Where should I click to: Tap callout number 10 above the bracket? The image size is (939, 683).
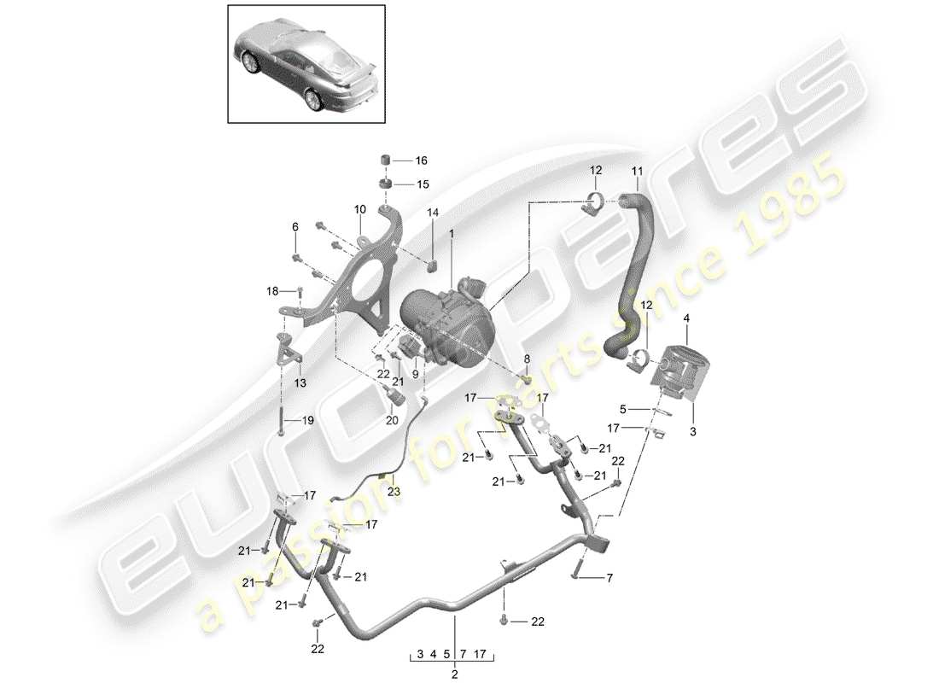(359, 208)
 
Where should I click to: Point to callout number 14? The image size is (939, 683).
(433, 235)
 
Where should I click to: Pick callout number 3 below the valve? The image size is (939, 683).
(692, 433)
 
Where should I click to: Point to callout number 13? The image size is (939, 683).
(300, 384)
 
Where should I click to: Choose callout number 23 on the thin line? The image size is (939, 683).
(394, 491)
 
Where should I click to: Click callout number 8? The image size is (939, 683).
(527, 359)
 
